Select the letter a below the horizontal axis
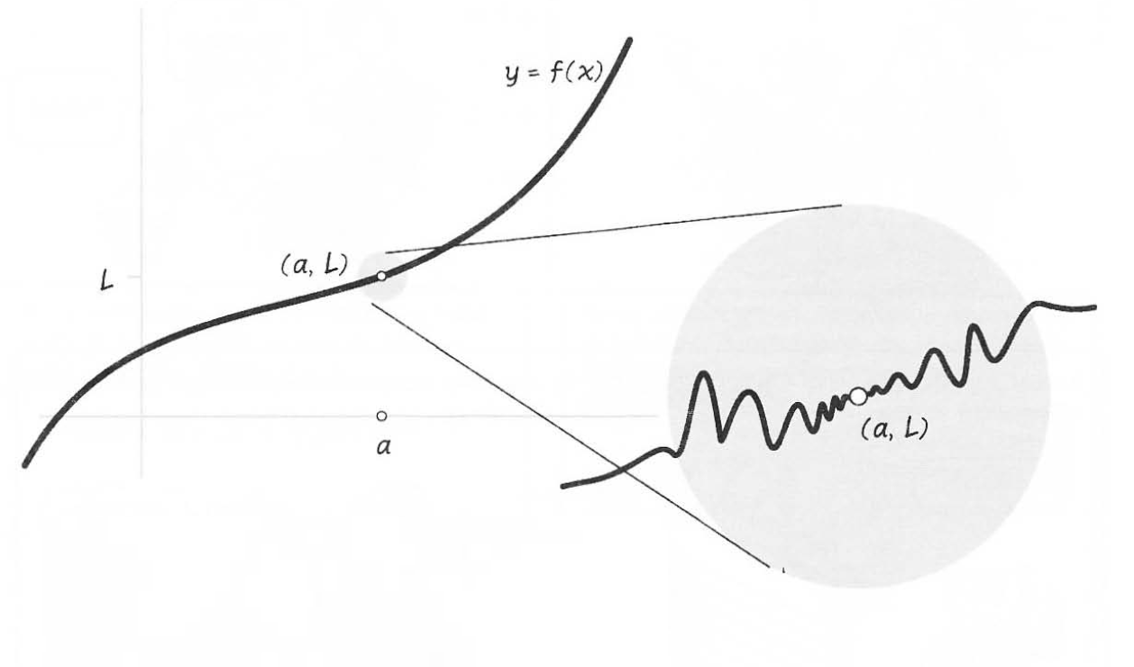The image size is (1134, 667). (382, 445)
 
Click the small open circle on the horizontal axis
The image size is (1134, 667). (381, 416)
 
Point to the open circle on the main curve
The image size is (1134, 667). (381, 276)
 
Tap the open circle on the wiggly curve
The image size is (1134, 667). (858, 395)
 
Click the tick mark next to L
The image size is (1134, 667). (134, 276)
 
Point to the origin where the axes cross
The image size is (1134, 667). (142, 416)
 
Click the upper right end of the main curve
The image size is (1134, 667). (629, 40)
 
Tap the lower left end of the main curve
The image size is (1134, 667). (25, 465)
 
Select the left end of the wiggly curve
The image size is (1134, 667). (563, 487)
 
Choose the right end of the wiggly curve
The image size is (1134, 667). (1094, 307)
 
